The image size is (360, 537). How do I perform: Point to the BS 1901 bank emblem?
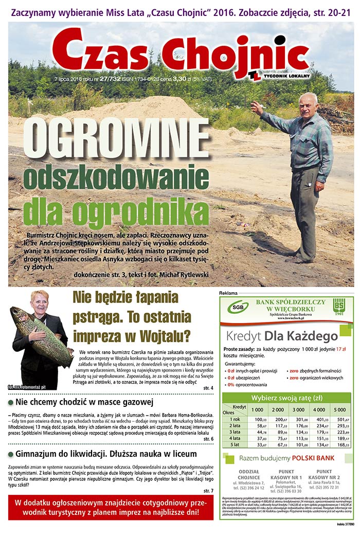tap(338, 308)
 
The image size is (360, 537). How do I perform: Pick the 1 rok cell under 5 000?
tap(340, 419)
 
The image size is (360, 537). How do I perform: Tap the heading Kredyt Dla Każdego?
tap(281, 336)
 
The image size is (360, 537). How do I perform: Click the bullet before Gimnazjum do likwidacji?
tap(11, 454)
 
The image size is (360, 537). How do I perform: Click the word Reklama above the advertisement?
tap(229, 293)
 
